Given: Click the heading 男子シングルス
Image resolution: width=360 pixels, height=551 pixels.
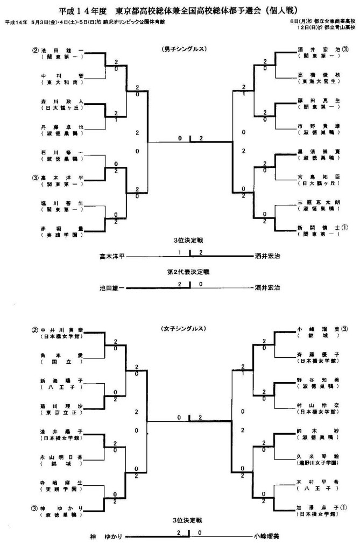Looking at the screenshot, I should [180, 49].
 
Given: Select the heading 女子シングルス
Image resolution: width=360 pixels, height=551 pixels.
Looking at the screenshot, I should [180, 328].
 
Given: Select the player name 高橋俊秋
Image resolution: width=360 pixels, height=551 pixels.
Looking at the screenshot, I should [317, 75].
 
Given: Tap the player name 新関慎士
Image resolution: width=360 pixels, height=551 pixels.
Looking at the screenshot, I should [317, 227].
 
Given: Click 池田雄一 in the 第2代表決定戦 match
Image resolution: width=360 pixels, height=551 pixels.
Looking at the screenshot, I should [112, 288].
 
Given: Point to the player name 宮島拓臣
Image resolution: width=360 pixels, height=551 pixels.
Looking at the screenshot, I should [317, 176].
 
